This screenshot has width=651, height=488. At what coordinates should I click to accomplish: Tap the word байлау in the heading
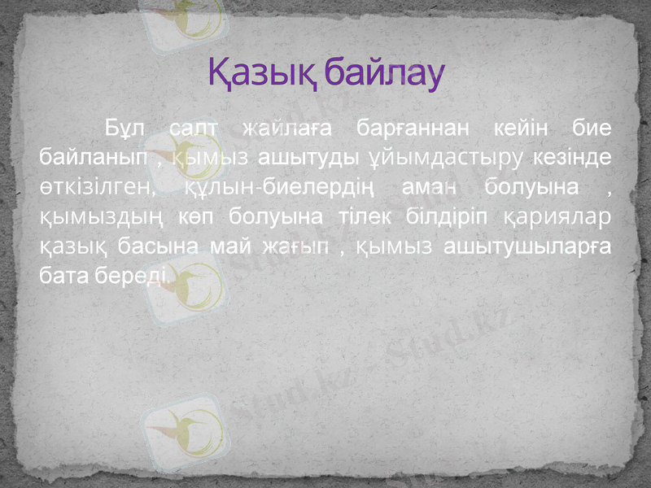click(x=382, y=73)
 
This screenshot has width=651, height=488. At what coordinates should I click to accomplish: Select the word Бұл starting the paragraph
click(x=125, y=129)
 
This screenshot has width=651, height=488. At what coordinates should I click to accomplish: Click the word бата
click(x=63, y=277)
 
